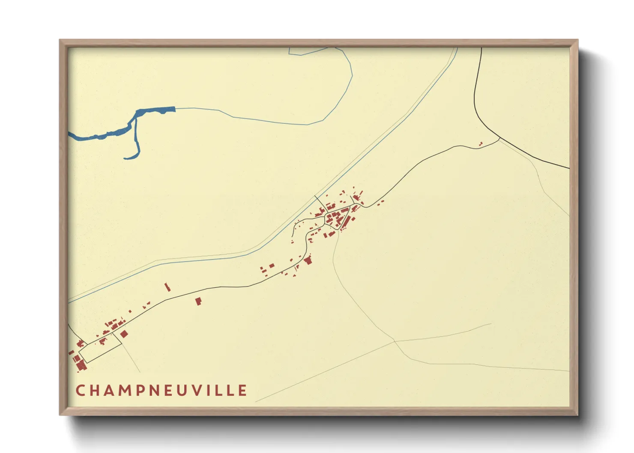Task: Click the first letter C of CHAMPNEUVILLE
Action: coord(80,390)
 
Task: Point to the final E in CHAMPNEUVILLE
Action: coord(243,390)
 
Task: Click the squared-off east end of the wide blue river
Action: coord(173,109)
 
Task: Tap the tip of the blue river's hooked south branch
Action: coord(126,158)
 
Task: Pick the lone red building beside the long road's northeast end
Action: coord(481,144)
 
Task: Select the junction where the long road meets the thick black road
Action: coord(499,138)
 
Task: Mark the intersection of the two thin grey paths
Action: coord(395,341)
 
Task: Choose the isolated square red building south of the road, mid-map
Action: coord(198,301)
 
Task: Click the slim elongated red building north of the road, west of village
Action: coord(167,287)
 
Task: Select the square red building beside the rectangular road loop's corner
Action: coord(124,334)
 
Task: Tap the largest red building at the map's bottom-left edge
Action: coord(81,365)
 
